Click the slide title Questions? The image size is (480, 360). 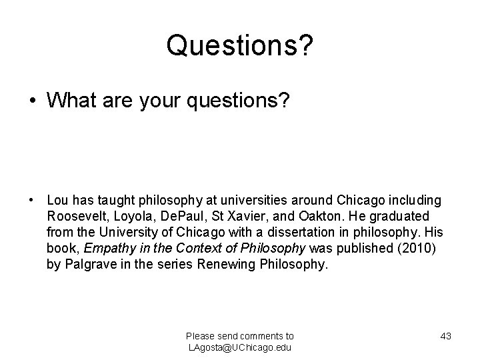(240, 45)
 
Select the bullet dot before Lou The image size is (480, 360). (32, 200)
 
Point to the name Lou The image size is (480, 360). (57, 200)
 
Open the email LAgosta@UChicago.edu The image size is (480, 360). (240, 347)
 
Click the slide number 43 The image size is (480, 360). (446, 336)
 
